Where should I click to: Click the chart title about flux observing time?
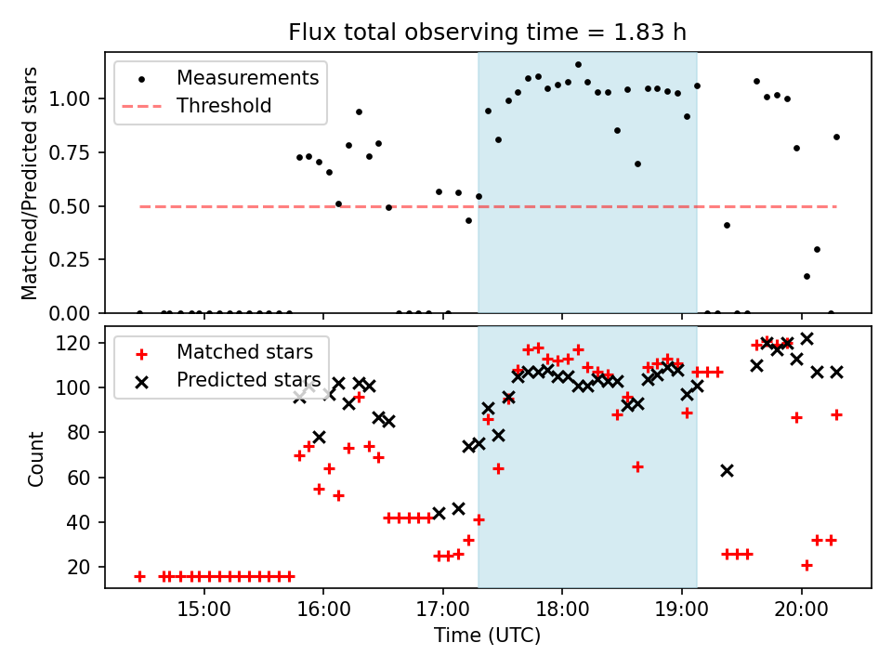[x=488, y=33]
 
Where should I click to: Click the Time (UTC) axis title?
[x=487, y=636]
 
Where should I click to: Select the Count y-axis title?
[x=36, y=458]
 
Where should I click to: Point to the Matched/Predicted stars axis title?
[x=31, y=183]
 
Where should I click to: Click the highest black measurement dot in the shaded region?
[x=578, y=65]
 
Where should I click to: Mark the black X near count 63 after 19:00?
[x=727, y=470]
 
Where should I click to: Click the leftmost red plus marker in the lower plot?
[x=139, y=576]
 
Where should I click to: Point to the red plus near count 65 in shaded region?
[x=637, y=466]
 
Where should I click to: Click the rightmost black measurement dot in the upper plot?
[x=836, y=137]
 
